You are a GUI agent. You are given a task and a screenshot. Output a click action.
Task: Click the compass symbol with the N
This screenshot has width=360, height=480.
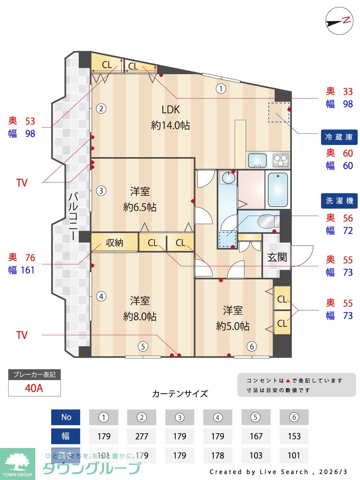[x=339, y=21]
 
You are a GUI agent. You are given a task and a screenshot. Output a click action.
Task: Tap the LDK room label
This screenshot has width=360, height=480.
[x=171, y=110]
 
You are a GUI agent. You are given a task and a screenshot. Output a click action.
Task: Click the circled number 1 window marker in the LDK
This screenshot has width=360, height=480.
[x=221, y=88]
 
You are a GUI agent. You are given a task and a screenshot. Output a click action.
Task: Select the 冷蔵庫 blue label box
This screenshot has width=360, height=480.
[x=339, y=137]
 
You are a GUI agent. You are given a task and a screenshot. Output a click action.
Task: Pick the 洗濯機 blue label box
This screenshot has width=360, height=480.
[x=339, y=201]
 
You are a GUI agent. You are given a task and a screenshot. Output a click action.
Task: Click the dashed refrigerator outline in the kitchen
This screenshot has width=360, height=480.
[x=278, y=112]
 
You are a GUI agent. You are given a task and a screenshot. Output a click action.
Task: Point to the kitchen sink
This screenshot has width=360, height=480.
[x=257, y=160]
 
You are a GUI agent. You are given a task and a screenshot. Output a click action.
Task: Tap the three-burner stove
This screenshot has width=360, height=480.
[x=281, y=160]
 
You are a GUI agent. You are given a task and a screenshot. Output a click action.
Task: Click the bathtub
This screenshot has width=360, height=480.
[x=278, y=190]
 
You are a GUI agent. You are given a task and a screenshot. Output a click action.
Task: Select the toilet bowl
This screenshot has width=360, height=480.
[x=267, y=221]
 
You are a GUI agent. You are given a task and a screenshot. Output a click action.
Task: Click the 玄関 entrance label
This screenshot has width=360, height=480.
[x=277, y=257]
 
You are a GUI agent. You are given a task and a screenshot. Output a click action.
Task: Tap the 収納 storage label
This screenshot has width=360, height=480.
[x=114, y=243]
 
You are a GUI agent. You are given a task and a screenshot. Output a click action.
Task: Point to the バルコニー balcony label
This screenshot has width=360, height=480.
[x=74, y=216]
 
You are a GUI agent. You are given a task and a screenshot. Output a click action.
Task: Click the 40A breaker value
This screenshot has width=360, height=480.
[x=34, y=388]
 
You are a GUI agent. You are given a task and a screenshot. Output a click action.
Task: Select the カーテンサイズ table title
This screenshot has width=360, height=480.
[x=180, y=394]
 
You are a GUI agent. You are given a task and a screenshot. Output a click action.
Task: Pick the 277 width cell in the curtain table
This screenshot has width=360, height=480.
[x=141, y=436]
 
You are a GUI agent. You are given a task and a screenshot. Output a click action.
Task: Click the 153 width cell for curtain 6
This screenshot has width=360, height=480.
[x=294, y=436]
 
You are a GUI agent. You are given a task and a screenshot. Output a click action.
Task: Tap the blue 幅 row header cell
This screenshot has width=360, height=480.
[x=66, y=436]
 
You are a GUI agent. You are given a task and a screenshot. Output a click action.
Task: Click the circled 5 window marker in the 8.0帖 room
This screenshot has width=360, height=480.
[x=143, y=346]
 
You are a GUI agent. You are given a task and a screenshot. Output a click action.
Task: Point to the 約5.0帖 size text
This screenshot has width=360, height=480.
[x=233, y=326]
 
